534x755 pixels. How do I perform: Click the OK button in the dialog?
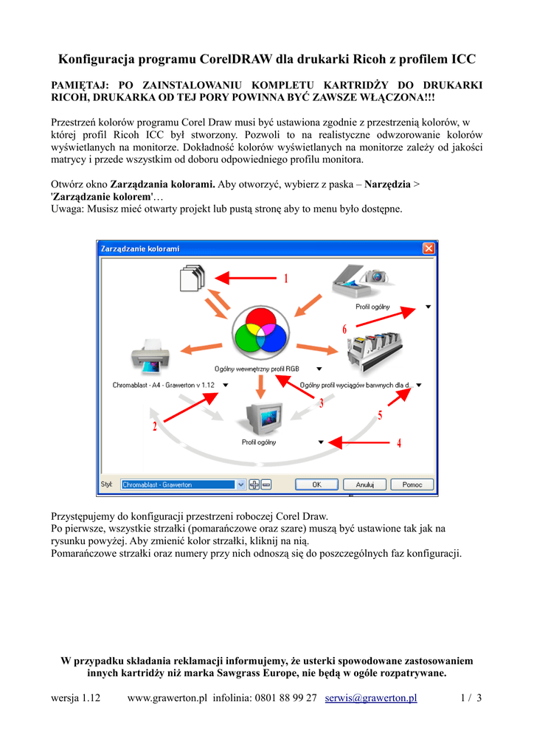(316, 484)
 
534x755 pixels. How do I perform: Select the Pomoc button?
(412, 484)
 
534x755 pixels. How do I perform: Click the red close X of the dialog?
(428, 249)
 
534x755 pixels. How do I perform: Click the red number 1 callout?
(285, 279)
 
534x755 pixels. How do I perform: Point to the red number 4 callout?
(399, 443)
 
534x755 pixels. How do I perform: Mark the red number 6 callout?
(344, 329)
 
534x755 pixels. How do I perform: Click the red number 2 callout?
(155, 427)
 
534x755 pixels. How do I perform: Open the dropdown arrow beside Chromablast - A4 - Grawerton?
(226, 385)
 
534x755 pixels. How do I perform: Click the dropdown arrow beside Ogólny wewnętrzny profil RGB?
(319, 368)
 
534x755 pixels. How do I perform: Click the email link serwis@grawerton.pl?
(371, 697)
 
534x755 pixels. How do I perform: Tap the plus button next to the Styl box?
(254, 484)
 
